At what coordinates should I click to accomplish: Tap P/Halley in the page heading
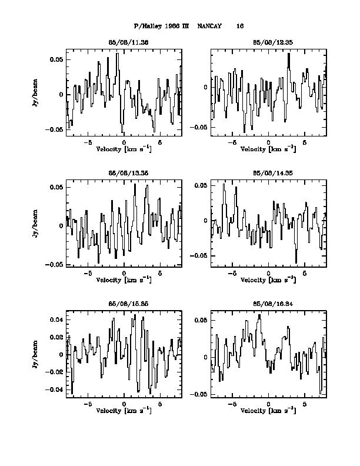click(147, 26)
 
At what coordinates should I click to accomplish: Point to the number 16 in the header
click(240, 26)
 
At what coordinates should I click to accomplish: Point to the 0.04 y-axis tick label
click(56, 319)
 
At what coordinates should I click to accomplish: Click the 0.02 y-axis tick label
click(56, 337)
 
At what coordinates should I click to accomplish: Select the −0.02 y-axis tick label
click(55, 372)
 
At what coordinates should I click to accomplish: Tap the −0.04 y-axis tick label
click(55, 390)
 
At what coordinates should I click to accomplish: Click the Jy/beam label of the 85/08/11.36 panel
click(36, 95)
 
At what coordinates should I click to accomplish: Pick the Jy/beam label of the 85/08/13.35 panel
click(36, 226)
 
